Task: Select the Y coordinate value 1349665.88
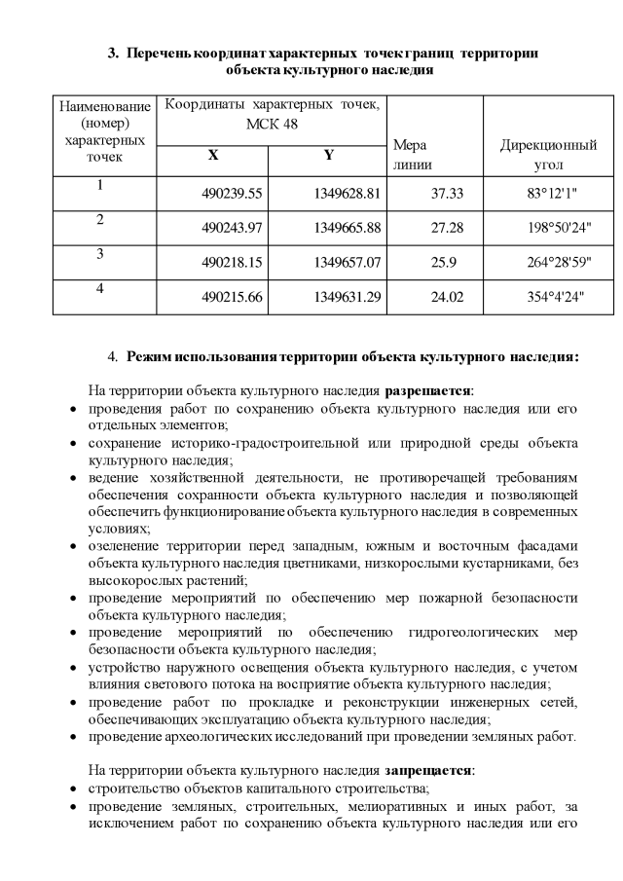347,228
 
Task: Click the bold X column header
212,156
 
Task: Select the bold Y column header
329,156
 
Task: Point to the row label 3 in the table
99,253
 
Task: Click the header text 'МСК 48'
272,124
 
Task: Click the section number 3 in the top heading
112,52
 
